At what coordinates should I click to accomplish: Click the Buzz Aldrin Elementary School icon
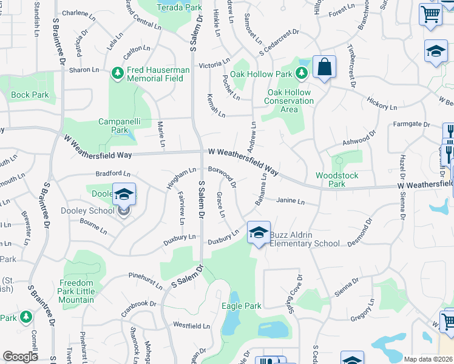[x=259, y=232]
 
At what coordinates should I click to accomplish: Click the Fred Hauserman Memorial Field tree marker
[x=118, y=73]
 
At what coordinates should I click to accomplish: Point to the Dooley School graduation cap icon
[x=124, y=194]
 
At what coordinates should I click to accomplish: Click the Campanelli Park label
[x=120, y=126]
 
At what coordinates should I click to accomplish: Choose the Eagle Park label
[x=241, y=306]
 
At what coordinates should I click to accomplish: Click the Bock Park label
[x=30, y=95]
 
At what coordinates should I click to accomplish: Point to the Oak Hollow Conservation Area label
[x=290, y=101]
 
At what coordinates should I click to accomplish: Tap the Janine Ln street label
[x=290, y=201]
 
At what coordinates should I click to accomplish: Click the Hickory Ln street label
[x=382, y=103]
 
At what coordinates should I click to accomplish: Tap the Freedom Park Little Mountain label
[x=76, y=291]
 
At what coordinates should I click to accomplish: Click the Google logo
[x=20, y=357]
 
